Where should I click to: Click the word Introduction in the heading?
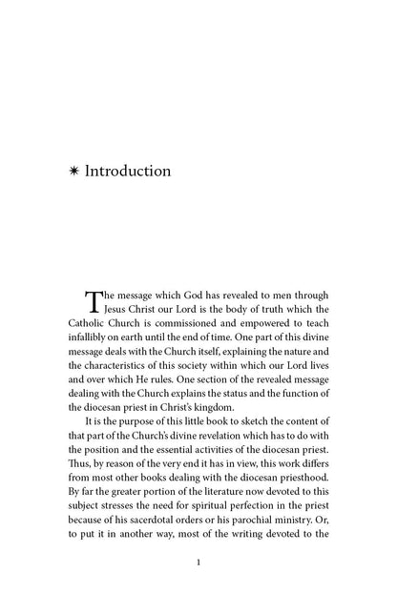(x=128, y=173)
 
